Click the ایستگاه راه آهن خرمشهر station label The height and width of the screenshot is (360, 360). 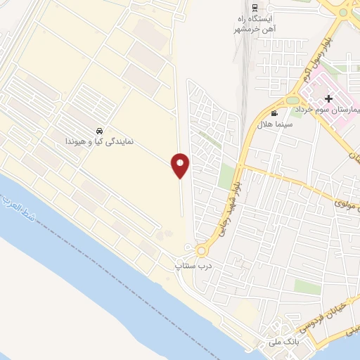255,23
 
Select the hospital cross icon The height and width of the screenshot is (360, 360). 328,99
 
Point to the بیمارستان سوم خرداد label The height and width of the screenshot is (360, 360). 330,111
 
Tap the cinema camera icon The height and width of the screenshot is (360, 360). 274,112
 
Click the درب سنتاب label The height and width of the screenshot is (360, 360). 191,267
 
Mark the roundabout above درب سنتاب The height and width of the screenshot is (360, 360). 202,250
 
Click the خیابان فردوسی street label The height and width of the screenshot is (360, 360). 310,321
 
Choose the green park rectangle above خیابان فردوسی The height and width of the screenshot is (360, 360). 307,286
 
